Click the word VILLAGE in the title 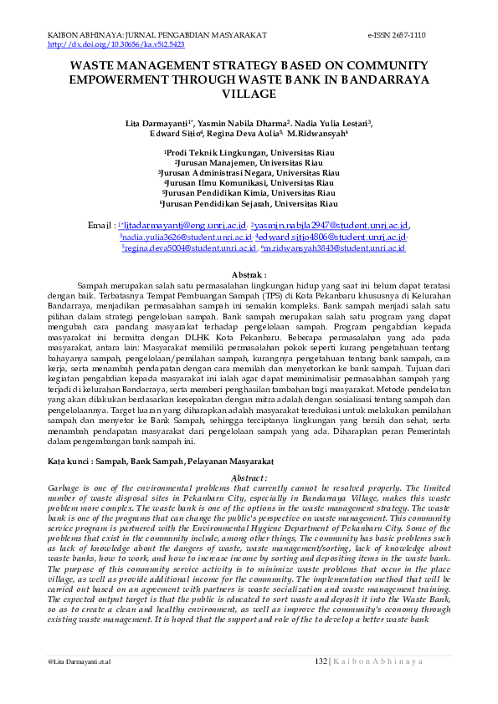(249, 94)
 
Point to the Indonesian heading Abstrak (248, 274)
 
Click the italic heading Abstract (249, 477)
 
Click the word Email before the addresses (100, 226)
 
